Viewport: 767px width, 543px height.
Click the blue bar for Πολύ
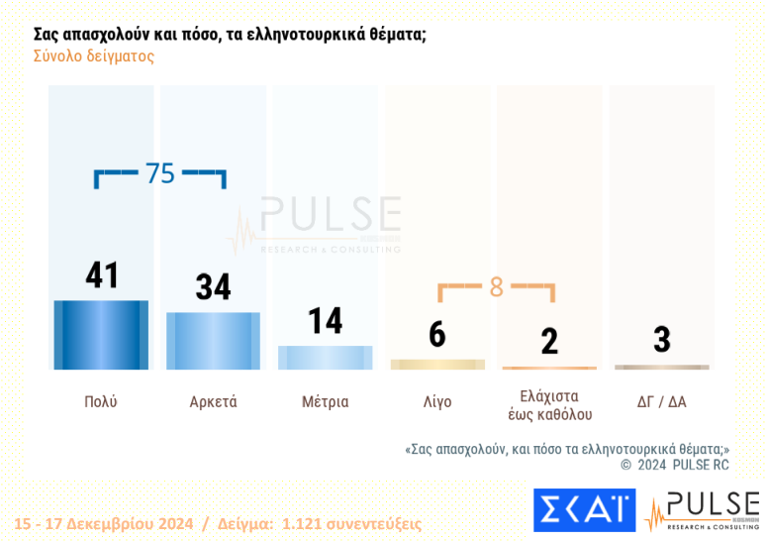point(101,335)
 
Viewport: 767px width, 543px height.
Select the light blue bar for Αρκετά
point(213,341)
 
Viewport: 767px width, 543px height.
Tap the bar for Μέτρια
point(325,358)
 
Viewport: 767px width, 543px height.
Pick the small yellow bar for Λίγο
point(437,365)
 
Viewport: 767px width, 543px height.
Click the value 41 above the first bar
point(101,275)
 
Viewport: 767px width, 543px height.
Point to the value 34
point(213,287)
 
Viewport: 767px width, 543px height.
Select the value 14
point(325,321)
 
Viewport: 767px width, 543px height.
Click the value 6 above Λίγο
point(437,335)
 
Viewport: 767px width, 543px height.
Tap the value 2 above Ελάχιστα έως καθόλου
point(549,341)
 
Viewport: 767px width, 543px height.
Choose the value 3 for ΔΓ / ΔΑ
point(661,339)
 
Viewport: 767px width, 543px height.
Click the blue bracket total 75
point(160,173)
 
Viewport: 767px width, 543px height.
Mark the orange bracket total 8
point(496,287)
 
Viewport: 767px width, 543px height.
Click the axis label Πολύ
point(101,402)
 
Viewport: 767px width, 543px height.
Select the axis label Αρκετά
point(213,402)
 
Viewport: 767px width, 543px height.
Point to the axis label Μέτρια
point(325,402)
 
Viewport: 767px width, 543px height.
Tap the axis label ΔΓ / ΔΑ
point(661,402)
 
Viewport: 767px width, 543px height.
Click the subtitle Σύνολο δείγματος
point(94,56)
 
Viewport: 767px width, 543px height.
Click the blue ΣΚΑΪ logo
point(584,509)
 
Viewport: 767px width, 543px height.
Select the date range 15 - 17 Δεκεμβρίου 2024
point(103,523)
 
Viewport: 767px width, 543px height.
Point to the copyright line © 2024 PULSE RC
point(674,464)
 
